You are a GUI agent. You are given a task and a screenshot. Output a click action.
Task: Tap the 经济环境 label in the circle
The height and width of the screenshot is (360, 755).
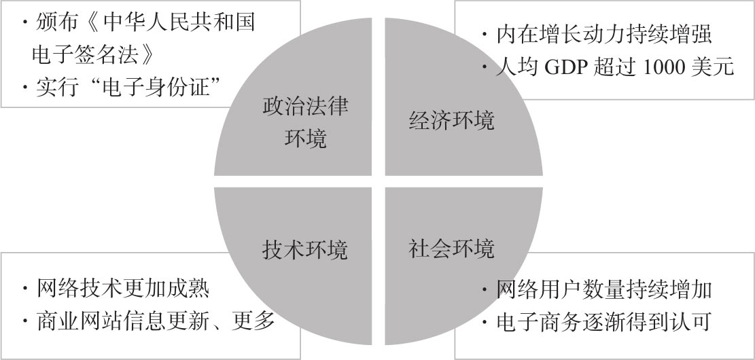[452, 120]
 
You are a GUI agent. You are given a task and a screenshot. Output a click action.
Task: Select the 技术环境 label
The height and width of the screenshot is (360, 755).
[304, 249]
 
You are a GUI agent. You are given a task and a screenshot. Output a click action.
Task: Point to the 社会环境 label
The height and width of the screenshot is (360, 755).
[452, 248]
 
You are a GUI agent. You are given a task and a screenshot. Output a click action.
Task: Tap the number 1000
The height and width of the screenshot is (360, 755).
[663, 68]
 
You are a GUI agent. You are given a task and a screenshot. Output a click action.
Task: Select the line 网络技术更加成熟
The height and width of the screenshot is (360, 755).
[122, 289]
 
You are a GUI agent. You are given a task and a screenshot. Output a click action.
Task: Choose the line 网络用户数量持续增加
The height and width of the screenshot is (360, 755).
[603, 289]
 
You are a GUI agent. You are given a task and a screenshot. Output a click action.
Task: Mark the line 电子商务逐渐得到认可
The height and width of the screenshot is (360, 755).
[603, 321]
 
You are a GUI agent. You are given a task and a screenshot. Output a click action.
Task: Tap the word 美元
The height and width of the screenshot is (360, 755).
[714, 68]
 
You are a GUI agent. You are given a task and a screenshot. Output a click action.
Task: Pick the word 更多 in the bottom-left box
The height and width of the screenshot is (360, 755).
[258, 321]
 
